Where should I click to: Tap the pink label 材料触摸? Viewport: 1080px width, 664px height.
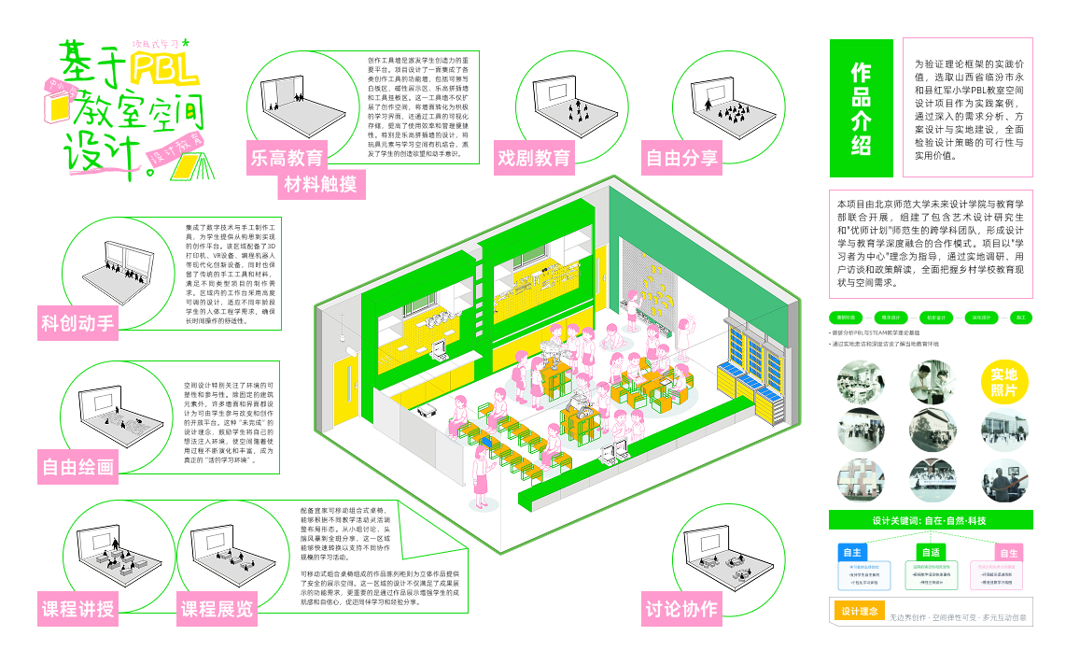pyautogui.click(x=320, y=185)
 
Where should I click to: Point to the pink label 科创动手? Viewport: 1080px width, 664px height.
pyautogui.click(x=77, y=324)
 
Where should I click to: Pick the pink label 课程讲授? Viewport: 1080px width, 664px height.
pyautogui.click(x=77, y=610)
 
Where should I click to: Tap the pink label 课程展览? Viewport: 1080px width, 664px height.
pyautogui.click(x=217, y=610)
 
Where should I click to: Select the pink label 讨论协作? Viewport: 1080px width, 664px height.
pyautogui.click(x=681, y=610)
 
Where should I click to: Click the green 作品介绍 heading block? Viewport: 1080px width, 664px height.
pyautogui.click(x=861, y=107)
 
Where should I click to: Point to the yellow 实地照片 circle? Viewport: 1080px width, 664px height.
pyautogui.click(x=1004, y=383)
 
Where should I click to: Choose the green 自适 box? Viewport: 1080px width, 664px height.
pyautogui.click(x=930, y=552)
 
